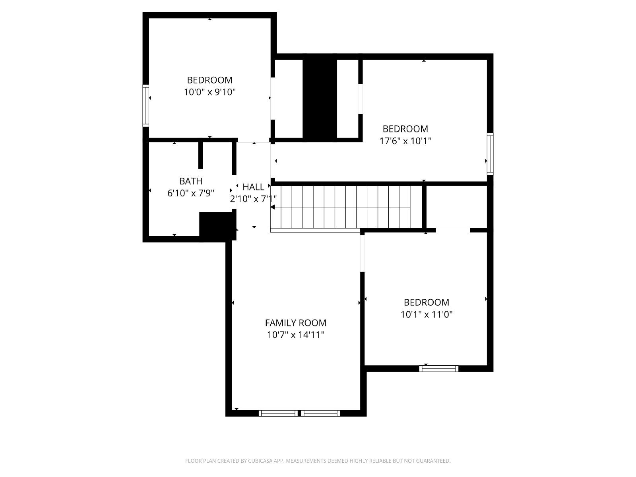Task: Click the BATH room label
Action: coord(191,181)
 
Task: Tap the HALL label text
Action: coord(253,187)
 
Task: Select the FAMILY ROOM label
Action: coord(296,323)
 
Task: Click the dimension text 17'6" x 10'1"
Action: coord(405,141)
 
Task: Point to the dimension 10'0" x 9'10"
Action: coord(210,92)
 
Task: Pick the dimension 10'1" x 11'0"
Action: coord(427,314)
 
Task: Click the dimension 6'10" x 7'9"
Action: coord(191,193)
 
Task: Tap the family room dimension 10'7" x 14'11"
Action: coord(296,335)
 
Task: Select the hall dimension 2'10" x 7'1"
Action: coord(253,199)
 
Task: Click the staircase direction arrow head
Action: coord(272,207)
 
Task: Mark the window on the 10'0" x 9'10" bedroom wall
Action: coord(146,106)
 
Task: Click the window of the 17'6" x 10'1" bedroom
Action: coord(490,154)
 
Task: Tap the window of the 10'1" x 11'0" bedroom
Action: coord(439,369)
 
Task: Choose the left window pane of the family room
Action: coord(278,413)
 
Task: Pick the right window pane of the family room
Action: coord(320,413)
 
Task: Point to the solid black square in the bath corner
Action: coord(216,227)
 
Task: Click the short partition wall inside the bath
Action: coord(200,155)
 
